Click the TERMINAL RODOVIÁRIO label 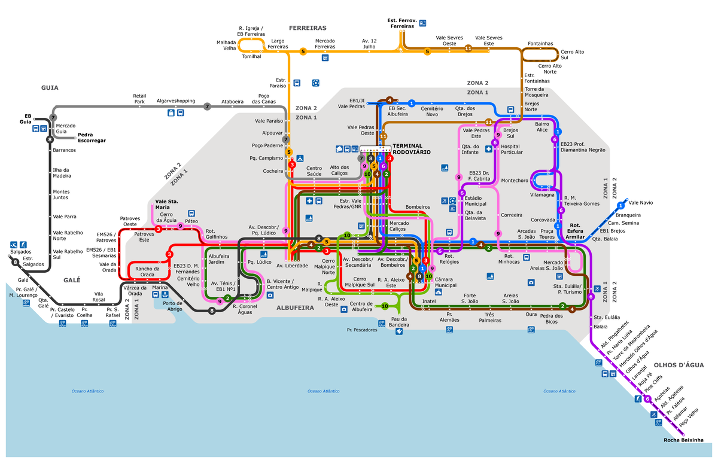pos(411,149)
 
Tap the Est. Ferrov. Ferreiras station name pos(401,23)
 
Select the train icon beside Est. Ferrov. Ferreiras pos(424,23)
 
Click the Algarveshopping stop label pos(175,101)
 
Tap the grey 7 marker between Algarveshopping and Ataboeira pos(207,106)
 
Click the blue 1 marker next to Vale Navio pos(620,205)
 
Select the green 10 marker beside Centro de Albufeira pos(385,306)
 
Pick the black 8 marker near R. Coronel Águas pos(212,310)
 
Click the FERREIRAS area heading pos(308,28)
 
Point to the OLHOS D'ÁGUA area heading pos(677,365)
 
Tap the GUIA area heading pos(50,87)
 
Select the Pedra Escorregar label pos(92,137)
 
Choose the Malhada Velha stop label pos(226,45)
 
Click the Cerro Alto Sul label pos(572,54)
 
